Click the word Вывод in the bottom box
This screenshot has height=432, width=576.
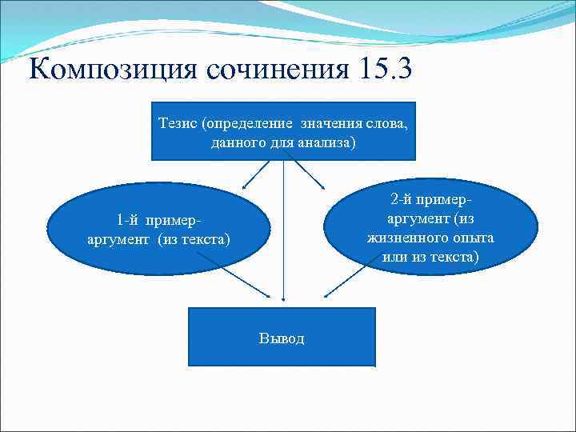pos(282,338)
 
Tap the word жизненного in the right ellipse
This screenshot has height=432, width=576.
pos(402,238)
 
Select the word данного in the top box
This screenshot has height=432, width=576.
pos(238,142)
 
